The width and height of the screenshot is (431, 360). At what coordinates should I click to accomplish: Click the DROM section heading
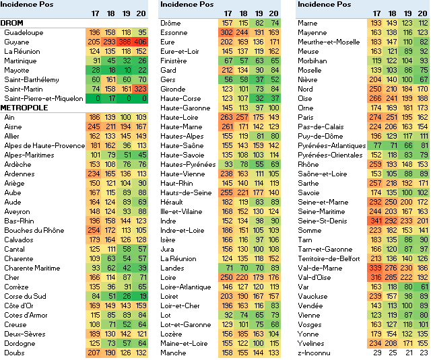click(x=12, y=23)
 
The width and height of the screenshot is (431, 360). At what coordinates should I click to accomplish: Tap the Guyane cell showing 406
click(x=139, y=42)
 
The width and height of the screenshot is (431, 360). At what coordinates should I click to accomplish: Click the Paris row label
click(x=307, y=117)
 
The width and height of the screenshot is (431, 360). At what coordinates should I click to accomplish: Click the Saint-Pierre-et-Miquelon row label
click(x=43, y=98)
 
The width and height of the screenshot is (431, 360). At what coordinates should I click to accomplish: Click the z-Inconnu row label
click(x=313, y=353)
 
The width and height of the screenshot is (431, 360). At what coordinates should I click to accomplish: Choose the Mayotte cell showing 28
click(x=94, y=70)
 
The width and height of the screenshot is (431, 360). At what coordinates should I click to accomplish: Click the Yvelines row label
click(x=310, y=343)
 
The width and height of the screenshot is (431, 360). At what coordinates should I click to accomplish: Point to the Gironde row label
click(x=173, y=89)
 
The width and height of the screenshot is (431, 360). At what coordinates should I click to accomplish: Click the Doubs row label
click(x=15, y=353)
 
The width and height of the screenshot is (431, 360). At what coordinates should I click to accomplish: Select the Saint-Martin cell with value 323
click(x=139, y=89)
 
